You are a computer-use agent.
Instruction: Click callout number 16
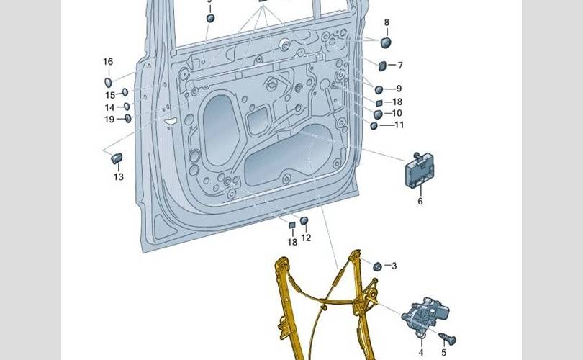pos(108,62)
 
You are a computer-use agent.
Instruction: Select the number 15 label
pos(110,94)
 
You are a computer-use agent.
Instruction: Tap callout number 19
pos(109,119)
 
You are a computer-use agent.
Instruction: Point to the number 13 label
pos(118,176)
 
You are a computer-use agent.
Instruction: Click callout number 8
pos(387,22)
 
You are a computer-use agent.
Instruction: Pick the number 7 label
pos(399,66)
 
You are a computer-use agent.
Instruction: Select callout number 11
pos(399,125)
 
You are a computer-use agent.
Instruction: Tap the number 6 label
pos(420,201)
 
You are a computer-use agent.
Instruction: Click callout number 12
pos(306,238)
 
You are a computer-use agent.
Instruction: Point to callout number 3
pos(394,266)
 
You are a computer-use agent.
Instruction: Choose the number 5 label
pos(443,352)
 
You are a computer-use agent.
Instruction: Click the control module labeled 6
pos(419,171)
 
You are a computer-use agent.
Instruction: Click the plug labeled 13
pos(117,158)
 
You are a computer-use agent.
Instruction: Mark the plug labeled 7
pos(382,67)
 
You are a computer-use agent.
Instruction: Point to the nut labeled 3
pos(376,266)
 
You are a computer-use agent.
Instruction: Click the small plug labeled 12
pos(304,221)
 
